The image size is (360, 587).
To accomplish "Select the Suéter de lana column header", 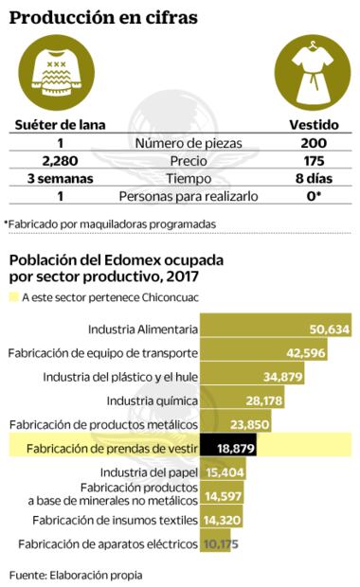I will (59, 124).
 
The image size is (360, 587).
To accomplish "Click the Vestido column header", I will (313, 124).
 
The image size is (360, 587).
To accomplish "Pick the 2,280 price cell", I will (59, 160).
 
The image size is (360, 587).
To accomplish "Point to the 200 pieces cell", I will (313, 142).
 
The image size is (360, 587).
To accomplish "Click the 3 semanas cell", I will (59, 178).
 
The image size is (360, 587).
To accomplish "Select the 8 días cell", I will (313, 178).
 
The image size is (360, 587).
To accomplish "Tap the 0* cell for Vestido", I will (313, 196).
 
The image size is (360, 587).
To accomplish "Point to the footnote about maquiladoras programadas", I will (110, 223).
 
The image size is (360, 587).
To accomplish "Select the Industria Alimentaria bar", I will (275, 329).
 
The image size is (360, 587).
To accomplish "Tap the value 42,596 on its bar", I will (303, 352).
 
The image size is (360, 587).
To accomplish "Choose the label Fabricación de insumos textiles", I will (115, 519).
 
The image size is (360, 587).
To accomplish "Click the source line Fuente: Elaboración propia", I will (77, 574).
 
